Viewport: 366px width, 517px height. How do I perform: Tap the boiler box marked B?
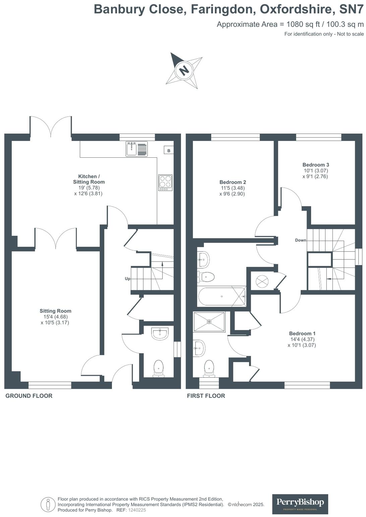[169, 150]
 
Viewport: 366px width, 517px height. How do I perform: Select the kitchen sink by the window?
[136, 149]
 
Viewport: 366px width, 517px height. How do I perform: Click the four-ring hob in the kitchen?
[166, 182]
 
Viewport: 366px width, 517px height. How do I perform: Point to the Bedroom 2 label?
[233, 182]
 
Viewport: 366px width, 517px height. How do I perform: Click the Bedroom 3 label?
[316, 165]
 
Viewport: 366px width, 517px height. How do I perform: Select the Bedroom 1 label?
[302, 334]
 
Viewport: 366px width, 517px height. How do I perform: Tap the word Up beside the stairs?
[128, 279]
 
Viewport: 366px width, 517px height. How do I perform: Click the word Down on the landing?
[301, 240]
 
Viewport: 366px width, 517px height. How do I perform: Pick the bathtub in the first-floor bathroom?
[222, 296]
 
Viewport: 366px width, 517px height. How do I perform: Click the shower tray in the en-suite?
[209, 322]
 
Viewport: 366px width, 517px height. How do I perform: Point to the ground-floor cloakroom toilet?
[159, 369]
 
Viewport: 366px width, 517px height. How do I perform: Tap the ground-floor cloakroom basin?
[160, 334]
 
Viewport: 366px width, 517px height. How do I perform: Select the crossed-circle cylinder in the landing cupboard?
[262, 281]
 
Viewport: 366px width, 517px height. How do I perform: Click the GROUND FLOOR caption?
[29, 396]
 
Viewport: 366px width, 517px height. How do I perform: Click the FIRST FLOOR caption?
[206, 396]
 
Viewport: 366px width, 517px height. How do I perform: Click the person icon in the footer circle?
[48, 504]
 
